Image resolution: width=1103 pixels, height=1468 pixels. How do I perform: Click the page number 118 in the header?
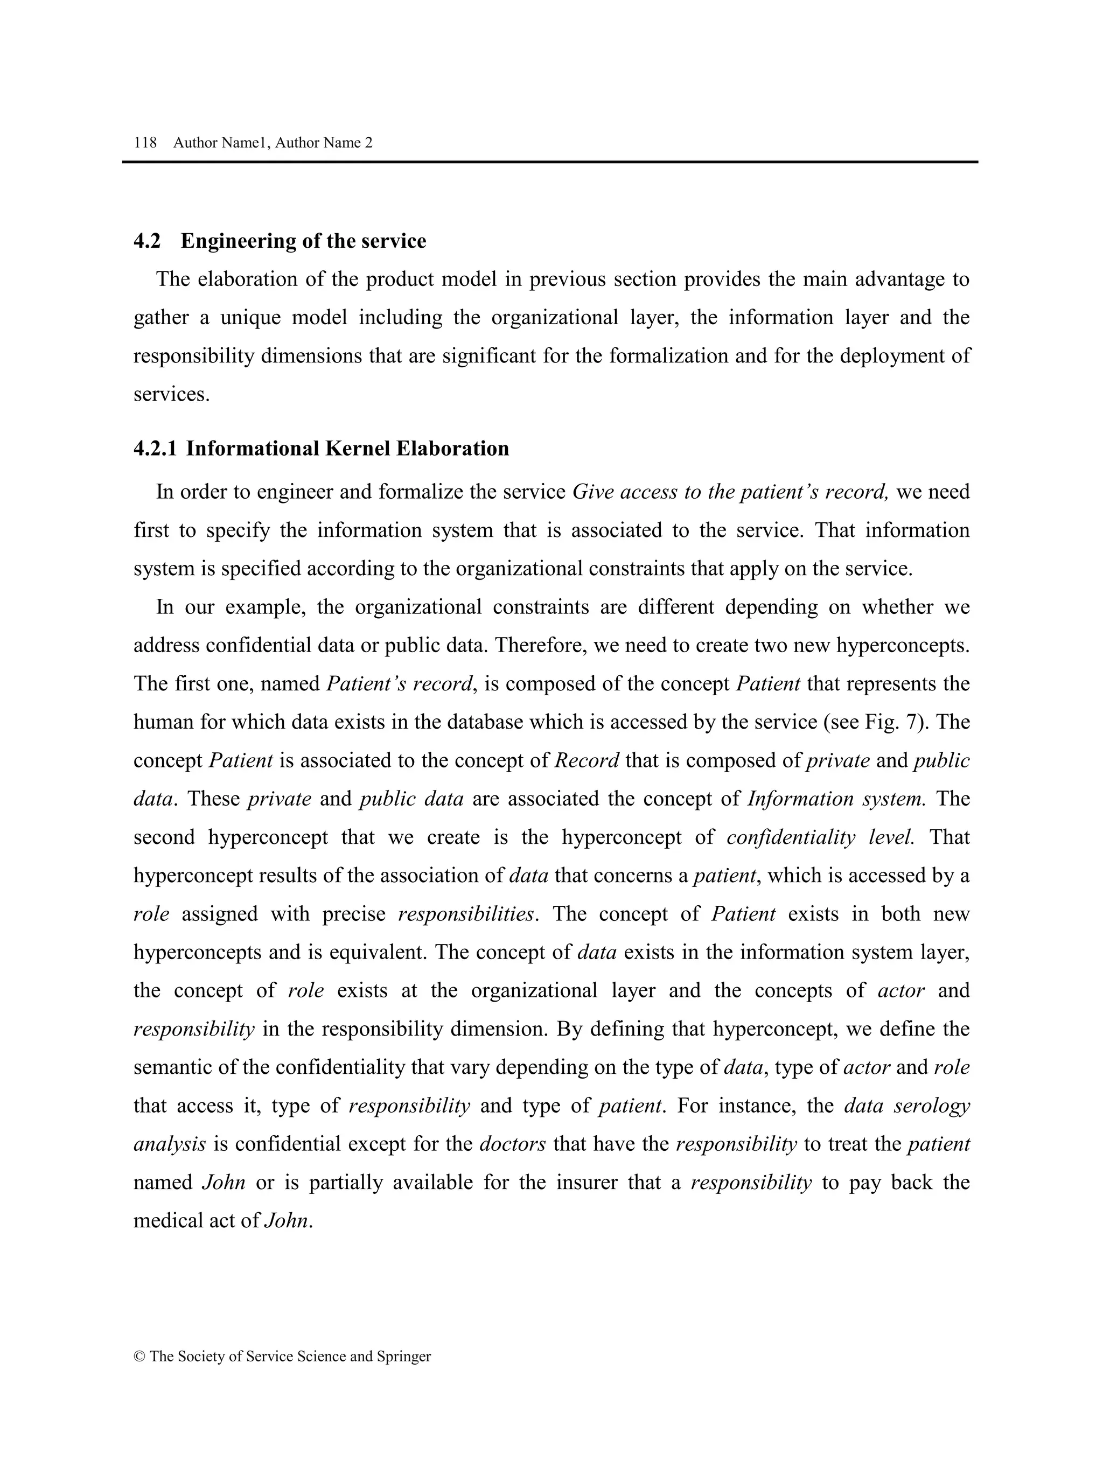(145, 143)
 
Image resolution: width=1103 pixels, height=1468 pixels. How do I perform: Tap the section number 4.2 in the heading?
(146, 241)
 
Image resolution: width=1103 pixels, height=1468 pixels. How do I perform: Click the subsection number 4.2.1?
(155, 449)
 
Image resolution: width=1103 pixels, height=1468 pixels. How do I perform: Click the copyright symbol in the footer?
(139, 1357)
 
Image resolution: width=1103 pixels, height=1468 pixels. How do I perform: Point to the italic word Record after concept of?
(587, 760)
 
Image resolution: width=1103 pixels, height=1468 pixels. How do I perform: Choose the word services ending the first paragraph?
(171, 395)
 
